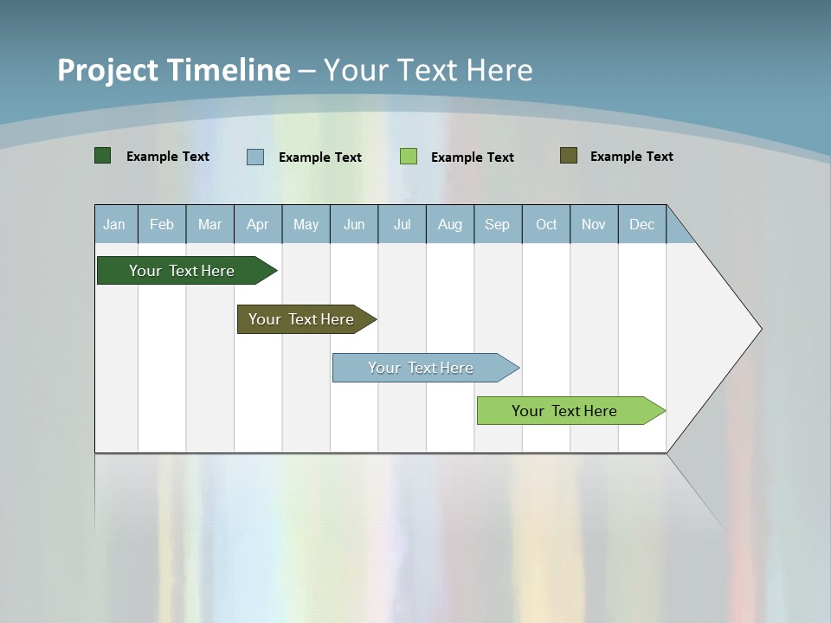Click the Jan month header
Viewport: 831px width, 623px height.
click(114, 224)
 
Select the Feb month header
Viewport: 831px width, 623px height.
click(162, 224)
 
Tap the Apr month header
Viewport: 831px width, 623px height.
click(257, 224)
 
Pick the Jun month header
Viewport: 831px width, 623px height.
click(354, 224)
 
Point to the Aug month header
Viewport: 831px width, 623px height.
click(449, 224)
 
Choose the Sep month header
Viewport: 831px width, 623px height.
click(497, 224)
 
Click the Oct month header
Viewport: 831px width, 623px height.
click(546, 224)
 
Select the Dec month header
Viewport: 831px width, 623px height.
click(641, 224)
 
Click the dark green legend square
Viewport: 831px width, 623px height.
click(103, 156)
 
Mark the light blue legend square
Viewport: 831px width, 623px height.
click(255, 157)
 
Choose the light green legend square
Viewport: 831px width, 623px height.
click(409, 157)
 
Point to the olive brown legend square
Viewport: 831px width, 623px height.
click(569, 156)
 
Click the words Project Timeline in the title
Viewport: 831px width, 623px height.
click(174, 70)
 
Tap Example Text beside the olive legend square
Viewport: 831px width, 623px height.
click(631, 157)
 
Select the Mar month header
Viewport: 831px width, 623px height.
click(209, 224)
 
